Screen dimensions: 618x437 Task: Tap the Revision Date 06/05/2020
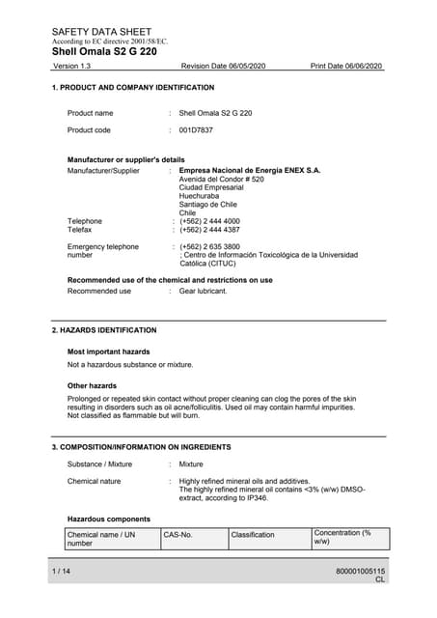click(223, 66)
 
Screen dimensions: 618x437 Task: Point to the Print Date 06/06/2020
click(346, 66)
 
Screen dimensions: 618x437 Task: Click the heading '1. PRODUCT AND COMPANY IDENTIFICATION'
click(132, 88)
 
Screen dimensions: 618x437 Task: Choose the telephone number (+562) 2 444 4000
click(209, 221)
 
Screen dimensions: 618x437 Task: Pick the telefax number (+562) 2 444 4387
click(209, 230)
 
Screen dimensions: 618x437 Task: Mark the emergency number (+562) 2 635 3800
click(209, 246)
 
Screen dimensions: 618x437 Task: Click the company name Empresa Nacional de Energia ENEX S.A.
click(250, 171)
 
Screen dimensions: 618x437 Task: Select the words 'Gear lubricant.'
click(203, 291)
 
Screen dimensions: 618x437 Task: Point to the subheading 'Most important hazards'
click(108, 351)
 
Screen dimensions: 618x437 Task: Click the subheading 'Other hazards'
click(92, 385)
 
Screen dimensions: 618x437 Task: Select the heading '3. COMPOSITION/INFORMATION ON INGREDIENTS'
click(141, 447)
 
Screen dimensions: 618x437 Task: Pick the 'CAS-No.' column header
click(178, 534)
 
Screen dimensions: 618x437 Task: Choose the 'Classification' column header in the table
click(253, 534)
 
